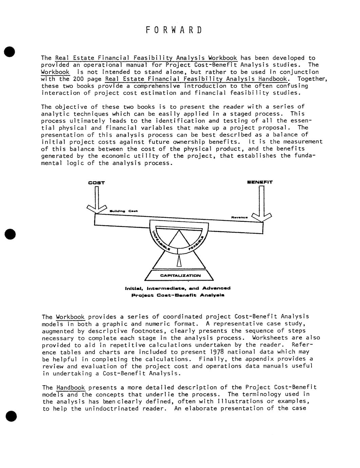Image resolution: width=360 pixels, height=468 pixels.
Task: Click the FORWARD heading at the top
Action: pos(174,30)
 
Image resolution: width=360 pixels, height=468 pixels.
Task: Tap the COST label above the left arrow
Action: pos(96,183)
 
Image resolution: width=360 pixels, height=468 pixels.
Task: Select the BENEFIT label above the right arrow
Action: pos(260,182)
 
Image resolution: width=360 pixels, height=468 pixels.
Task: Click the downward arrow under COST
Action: pos(96,202)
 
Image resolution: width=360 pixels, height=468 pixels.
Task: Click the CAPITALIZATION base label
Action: pos(180,275)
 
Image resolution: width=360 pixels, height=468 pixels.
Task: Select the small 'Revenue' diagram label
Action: pos(239,217)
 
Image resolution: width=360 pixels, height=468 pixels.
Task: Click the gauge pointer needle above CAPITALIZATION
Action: pos(179,259)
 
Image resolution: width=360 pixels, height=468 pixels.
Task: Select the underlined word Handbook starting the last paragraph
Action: pos(70,387)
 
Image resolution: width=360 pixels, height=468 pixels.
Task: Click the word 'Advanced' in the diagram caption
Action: pos(216,288)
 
